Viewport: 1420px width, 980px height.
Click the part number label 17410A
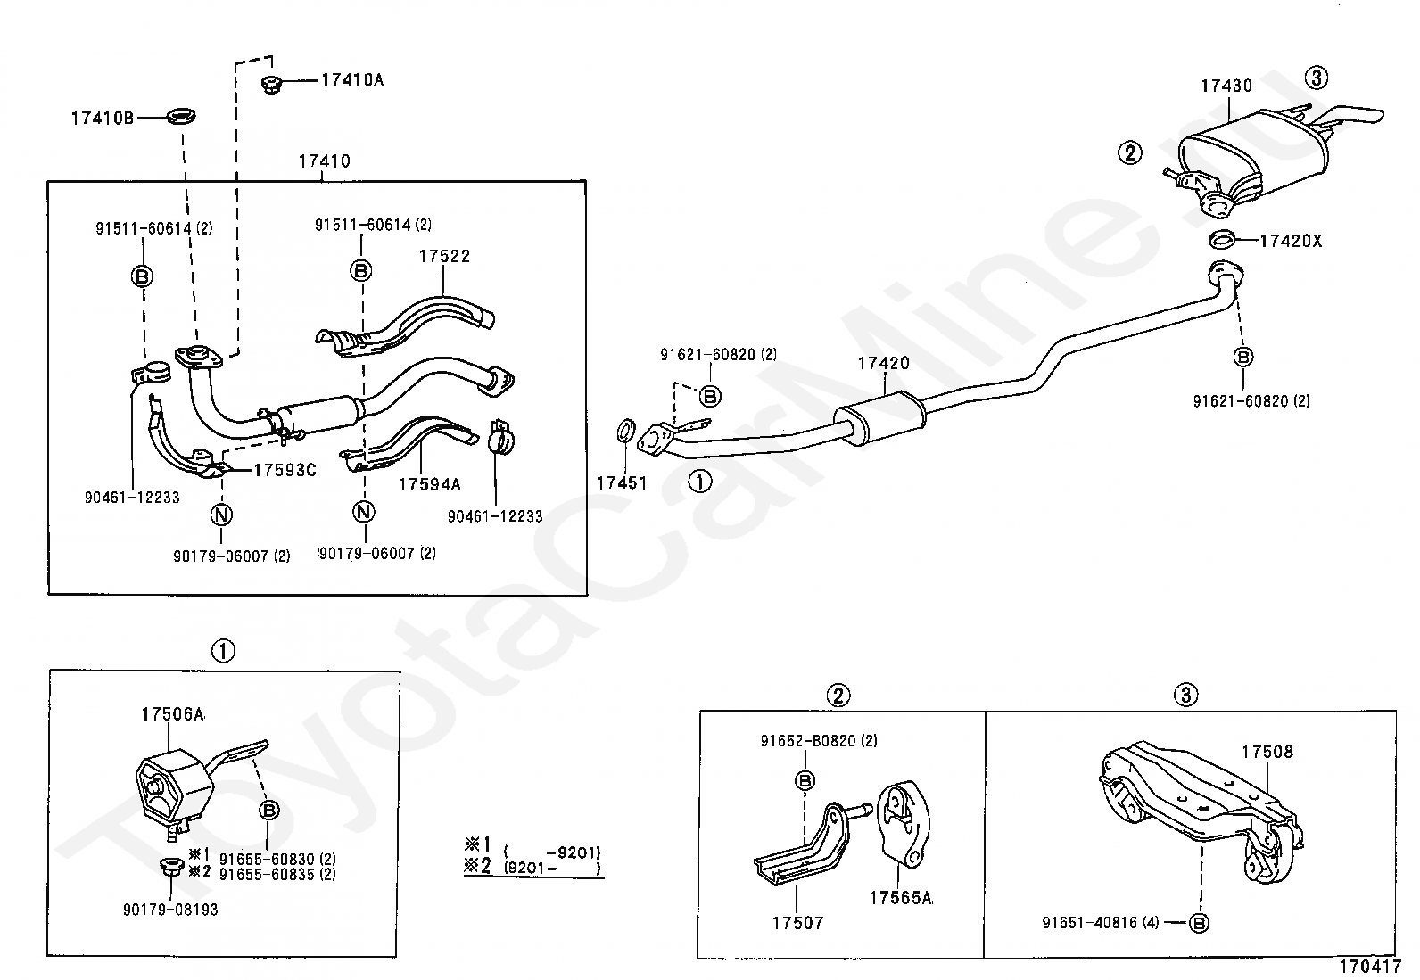click(351, 80)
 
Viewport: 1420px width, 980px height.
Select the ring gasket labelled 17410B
click(182, 117)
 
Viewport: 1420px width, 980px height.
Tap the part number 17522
click(444, 256)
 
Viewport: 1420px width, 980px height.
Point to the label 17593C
click(285, 470)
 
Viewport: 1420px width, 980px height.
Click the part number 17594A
click(429, 485)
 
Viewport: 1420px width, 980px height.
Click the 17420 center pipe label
click(883, 363)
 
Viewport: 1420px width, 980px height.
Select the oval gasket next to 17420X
click(1222, 240)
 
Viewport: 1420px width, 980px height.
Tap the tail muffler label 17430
click(1226, 86)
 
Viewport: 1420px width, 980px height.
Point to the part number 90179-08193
click(170, 910)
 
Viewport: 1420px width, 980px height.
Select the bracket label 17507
click(797, 923)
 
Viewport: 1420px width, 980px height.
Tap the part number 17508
click(1267, 752)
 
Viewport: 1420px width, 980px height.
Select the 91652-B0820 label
click(819, 740)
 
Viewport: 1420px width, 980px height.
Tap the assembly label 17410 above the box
click(324, 161)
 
